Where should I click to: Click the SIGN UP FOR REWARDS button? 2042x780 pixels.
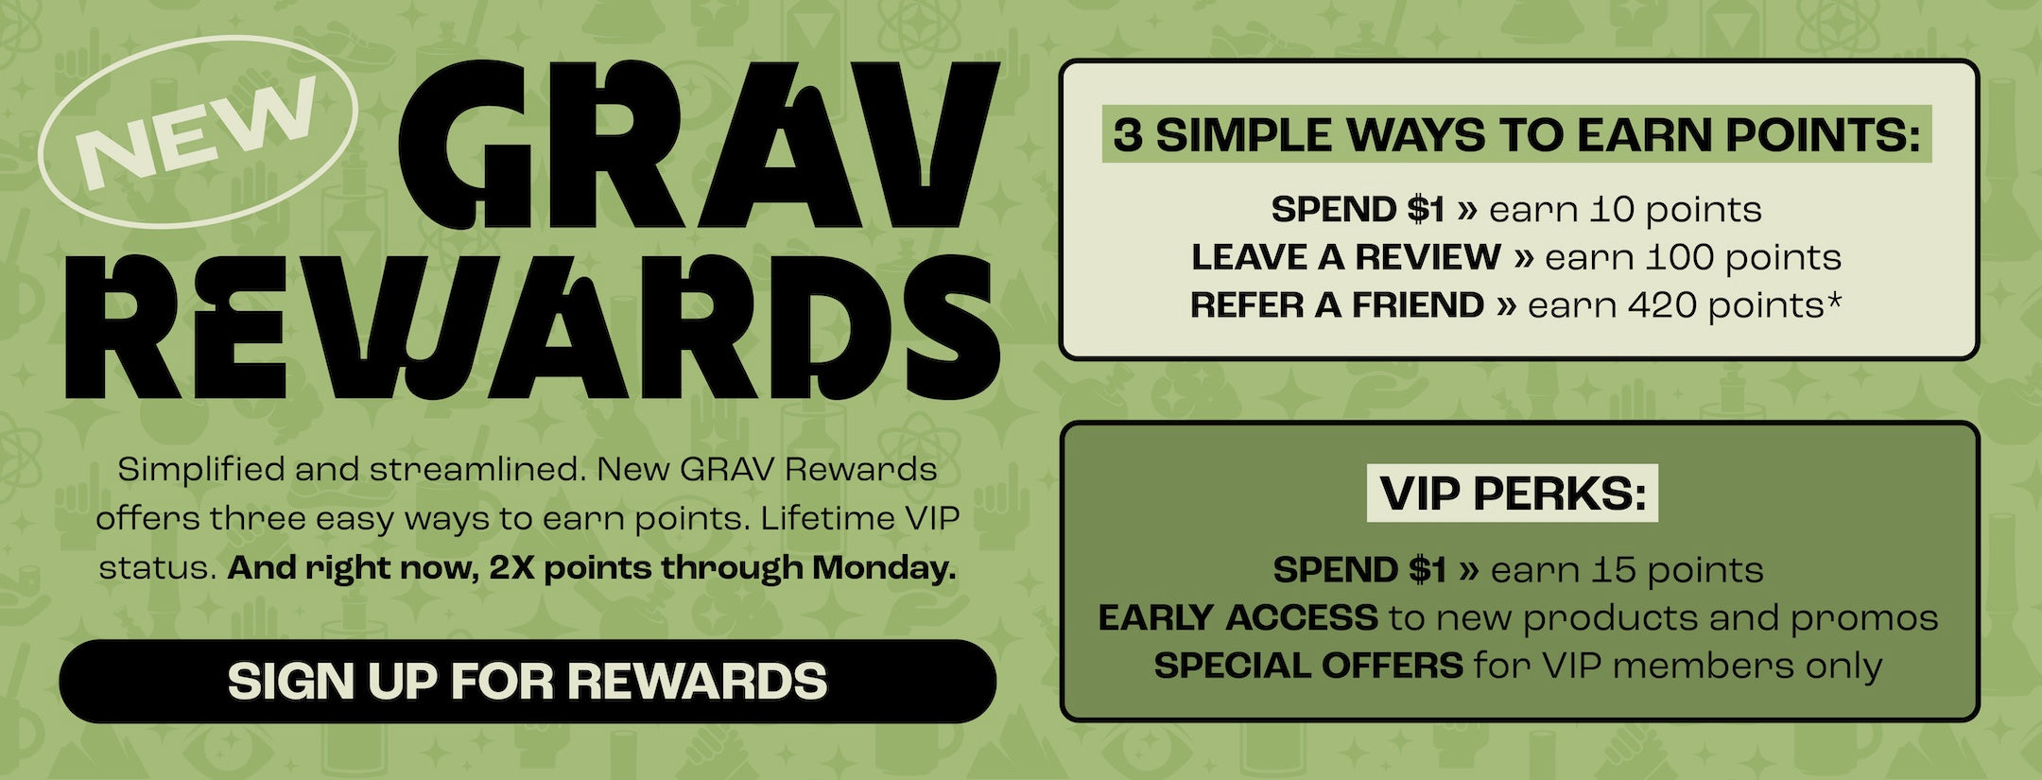click(x=528, y=681)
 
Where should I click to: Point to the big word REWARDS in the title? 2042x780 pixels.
click(x=532, y=327)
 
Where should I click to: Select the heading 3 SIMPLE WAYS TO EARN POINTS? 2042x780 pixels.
click(x=1516, y=135)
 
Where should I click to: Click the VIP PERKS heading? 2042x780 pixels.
click(x=1513, y=493)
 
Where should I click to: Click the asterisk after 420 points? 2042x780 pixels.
click(x=1835, y=300)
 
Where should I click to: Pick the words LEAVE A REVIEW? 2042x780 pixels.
click(x=1346, y=257)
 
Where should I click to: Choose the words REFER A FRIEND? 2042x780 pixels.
click(x=1337, y=305)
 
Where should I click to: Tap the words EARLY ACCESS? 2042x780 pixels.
click(x=1237, y=618)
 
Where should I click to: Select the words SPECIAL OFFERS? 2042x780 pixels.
click(x=1308, y=667)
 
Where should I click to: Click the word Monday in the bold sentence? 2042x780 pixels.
click(x=884, y=568)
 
